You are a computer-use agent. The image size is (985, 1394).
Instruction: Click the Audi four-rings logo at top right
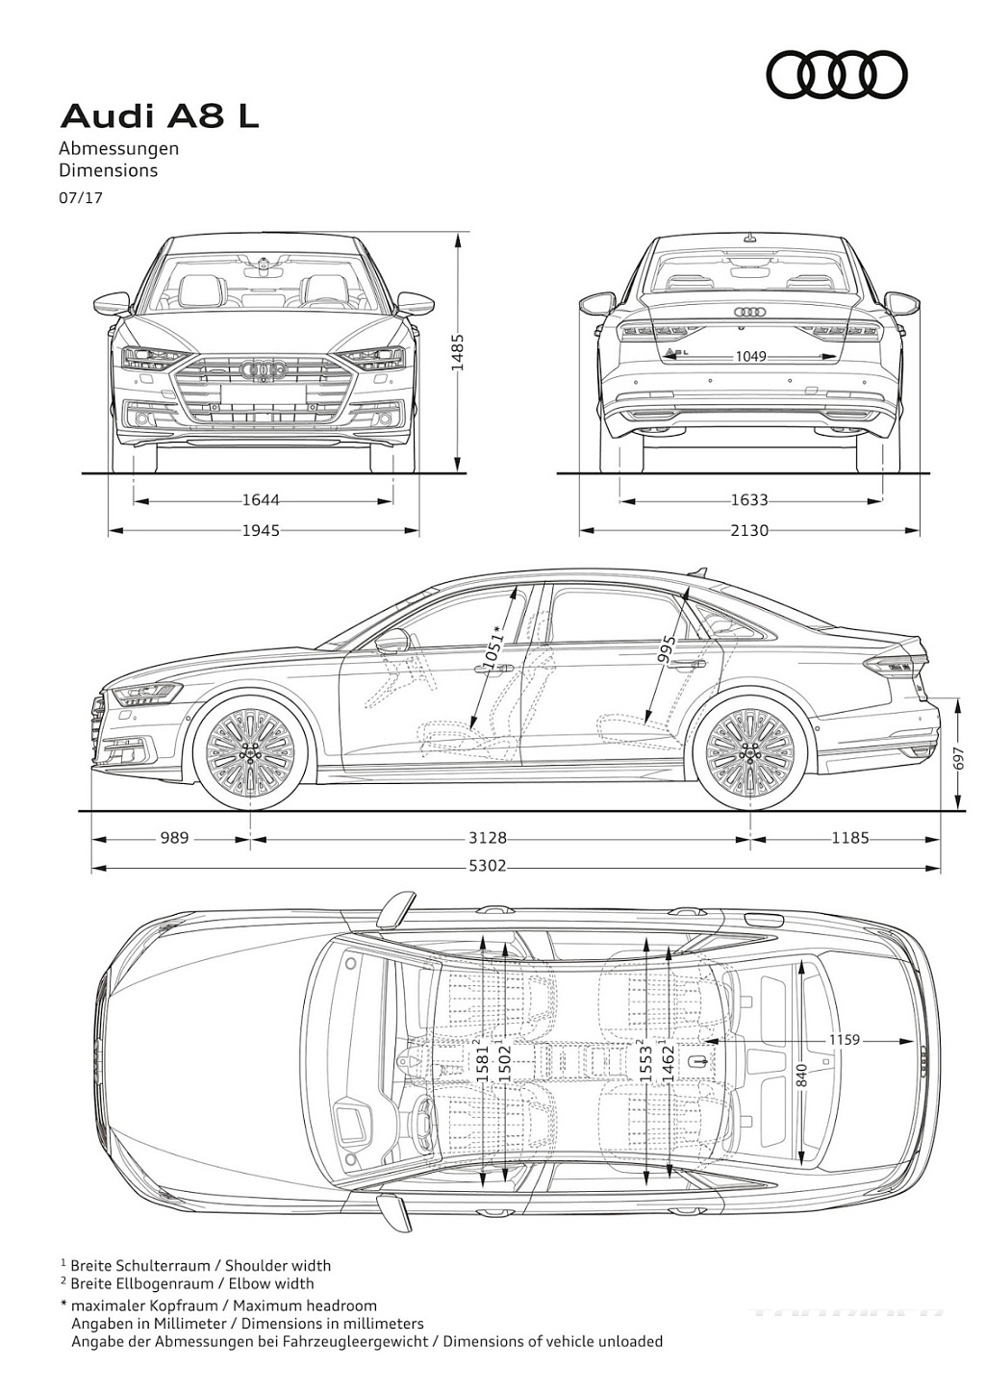[x=836, y=75]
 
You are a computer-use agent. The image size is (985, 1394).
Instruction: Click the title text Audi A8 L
[x=160, y=117]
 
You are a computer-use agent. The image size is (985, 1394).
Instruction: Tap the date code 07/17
[x=81, y=198]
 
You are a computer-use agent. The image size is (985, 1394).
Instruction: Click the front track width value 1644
[x=261, y=499]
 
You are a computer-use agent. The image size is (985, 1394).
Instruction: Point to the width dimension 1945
[x=261, y=530]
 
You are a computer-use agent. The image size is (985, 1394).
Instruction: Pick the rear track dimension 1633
[x=749, y=499]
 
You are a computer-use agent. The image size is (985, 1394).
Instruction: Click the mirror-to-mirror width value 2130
[x=749, y=530]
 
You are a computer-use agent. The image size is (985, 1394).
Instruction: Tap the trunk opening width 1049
[x=750, y=357]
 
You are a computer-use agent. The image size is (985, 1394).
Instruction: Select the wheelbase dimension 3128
[x=488, y=838]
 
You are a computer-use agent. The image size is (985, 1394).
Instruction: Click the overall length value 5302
[x=488, y=866]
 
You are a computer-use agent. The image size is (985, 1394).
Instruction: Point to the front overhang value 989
[x=174, y=838]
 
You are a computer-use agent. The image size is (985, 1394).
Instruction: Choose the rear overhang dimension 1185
[x=850, y=838]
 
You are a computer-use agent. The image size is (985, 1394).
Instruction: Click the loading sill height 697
[x=958, y=757]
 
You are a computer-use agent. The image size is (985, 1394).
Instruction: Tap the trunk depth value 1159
[x=844, y=1039]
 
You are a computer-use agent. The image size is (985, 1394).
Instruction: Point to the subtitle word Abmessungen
[x=119, y=149]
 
